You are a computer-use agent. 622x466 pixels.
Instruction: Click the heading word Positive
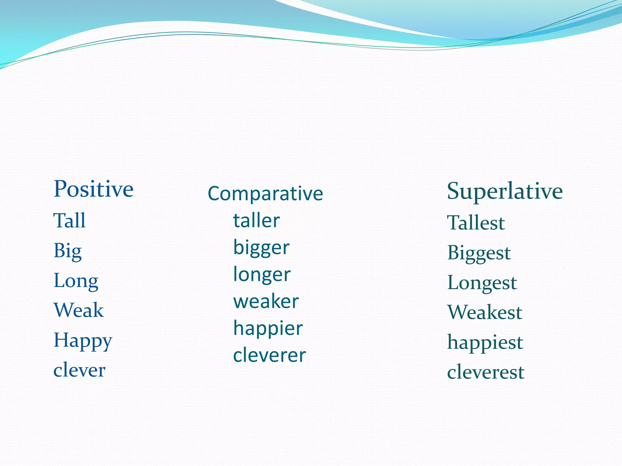point(94,189)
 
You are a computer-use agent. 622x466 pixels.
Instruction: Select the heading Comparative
point(265,194)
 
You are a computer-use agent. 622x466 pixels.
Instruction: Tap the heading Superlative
point(505,191)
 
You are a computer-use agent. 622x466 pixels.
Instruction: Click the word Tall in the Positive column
point(70,221)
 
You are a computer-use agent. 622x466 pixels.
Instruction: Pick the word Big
point(67,252)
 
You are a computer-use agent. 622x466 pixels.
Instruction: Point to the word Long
point(76,281)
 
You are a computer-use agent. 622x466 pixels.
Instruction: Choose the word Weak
point(79,310)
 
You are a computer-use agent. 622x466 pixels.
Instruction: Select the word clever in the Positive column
point(79,370)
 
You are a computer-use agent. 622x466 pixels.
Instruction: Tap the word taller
point(256,221)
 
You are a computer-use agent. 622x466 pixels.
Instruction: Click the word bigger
point(261,248)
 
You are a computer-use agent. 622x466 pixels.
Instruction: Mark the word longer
point(262,275)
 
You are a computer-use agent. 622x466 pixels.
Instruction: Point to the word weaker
point(266,302)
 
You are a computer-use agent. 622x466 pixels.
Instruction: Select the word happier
point(268,329)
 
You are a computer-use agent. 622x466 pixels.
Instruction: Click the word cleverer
point(269,355)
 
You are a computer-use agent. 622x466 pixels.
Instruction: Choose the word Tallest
point(476,223)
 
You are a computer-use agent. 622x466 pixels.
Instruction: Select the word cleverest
point(486,372)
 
